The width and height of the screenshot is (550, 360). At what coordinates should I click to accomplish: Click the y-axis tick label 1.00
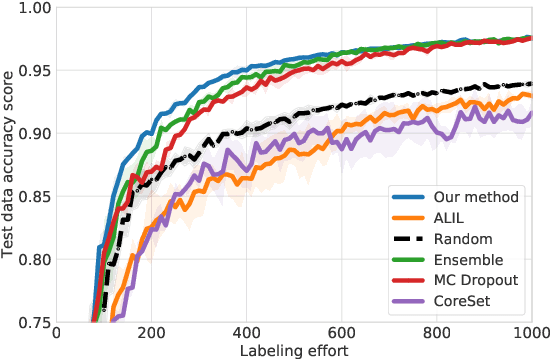coord(34,9)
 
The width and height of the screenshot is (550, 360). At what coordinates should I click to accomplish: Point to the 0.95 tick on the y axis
coord(34,71)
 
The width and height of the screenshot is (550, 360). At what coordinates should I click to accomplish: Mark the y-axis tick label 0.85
coord(34,197)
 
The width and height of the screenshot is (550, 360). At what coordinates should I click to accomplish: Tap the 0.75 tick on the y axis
coord(34,322)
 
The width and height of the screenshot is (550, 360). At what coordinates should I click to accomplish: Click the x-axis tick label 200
coord(152,334)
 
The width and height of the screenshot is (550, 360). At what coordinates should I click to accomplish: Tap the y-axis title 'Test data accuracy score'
coord(10,165)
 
